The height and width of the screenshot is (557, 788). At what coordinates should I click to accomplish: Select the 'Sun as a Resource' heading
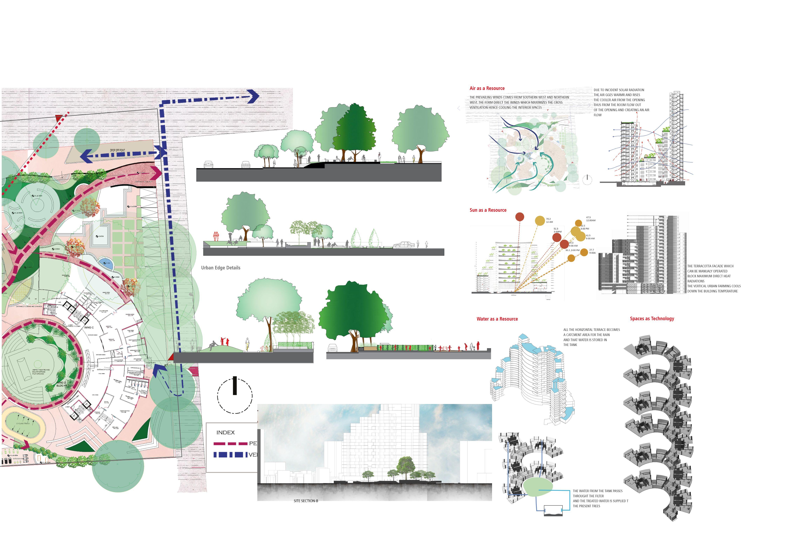point(488,210)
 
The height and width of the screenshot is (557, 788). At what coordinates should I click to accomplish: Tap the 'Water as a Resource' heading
point(497,319)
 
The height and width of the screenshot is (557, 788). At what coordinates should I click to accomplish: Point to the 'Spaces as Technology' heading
point(652,318)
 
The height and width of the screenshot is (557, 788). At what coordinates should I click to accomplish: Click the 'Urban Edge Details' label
point(221,268)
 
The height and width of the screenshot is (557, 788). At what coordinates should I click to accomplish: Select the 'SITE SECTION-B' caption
point(306,501)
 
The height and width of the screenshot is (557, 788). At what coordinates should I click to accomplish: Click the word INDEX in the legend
point(226,432)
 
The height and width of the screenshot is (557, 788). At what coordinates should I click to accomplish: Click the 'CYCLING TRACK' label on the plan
point(23,423)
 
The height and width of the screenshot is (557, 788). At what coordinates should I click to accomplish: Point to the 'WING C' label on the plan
point(89,327)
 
